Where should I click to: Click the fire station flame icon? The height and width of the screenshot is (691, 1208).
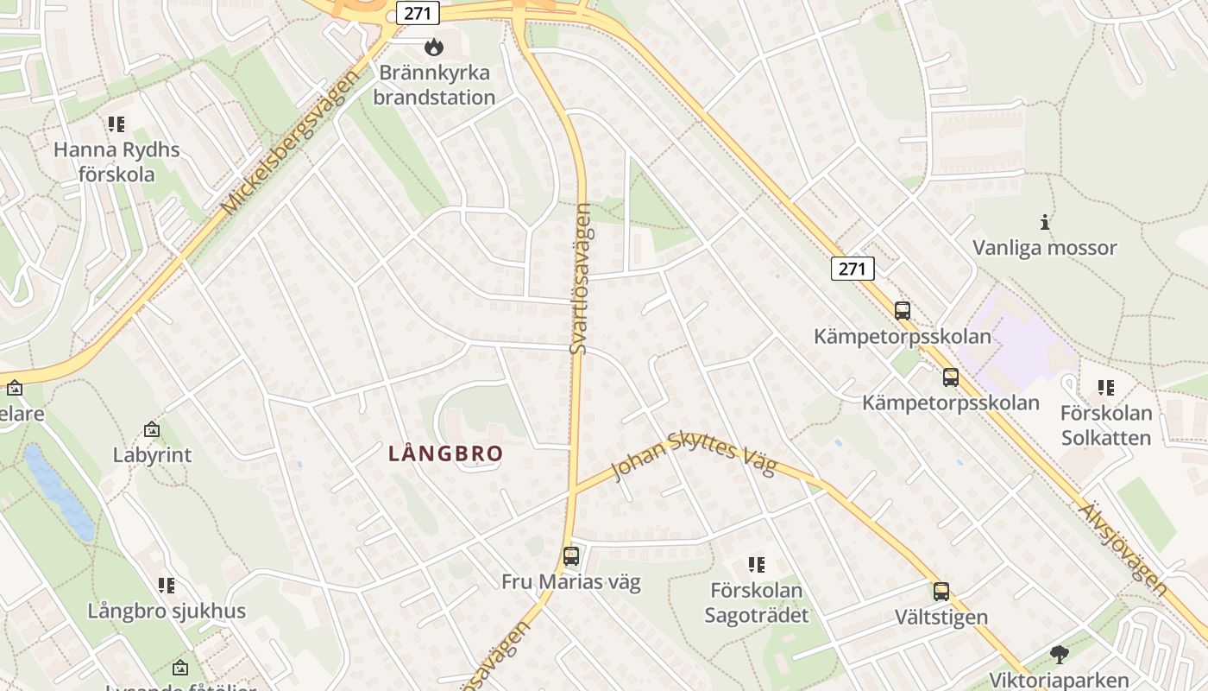(433, 47)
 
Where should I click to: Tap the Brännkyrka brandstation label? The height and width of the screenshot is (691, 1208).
(433, 86)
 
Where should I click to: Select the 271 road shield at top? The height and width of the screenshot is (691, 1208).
(418, 12)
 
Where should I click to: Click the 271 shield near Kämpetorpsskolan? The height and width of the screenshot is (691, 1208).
(853, 269)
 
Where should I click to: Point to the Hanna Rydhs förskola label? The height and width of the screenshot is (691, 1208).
(116, 162)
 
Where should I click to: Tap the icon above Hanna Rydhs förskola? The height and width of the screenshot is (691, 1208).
(116, 124)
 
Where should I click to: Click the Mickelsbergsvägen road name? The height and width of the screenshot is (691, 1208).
(288, 143)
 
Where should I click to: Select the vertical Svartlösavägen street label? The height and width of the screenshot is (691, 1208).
(582, 279)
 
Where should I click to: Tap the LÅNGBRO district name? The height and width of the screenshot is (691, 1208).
(445, 453)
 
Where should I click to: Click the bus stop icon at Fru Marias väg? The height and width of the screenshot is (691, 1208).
(570, 556)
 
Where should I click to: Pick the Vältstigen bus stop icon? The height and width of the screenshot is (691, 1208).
(941, 592)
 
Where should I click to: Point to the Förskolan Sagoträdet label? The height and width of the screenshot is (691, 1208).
(757, 603)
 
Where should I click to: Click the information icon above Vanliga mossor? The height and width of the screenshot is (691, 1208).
(1045, 222)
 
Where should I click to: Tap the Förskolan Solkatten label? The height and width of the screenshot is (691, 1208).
(1105, 426)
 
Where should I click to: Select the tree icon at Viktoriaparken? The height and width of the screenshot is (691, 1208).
(1059, 655)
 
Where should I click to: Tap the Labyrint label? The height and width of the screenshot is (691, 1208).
(152, 454)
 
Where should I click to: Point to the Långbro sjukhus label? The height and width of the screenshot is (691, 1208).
(167, 611)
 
